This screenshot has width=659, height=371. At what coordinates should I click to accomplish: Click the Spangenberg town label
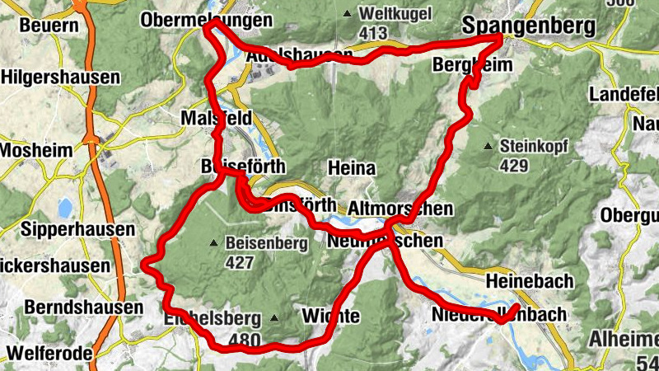coord(529,26)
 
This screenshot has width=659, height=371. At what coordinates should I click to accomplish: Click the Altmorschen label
coord(400,209)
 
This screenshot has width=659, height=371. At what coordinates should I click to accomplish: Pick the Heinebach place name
coord(530,281)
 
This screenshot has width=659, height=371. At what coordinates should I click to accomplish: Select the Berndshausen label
coord(72,307)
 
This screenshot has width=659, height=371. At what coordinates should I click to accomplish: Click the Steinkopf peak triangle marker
coord(488,147)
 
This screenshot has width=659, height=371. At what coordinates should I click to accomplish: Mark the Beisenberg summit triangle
coord(214,243)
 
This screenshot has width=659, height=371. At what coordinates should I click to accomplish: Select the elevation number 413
coord(373,33)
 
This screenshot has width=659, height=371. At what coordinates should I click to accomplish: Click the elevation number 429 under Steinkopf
coord(514,165)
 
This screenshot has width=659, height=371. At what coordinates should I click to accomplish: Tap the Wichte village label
coord(330,316)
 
